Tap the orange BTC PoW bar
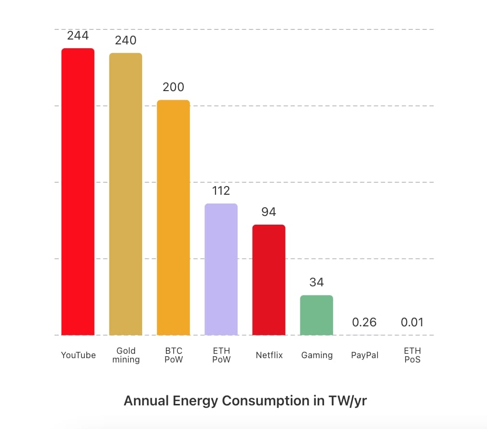(x=173, y=217)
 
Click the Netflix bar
(x=269, y=280)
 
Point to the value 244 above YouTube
(x=78, y=35)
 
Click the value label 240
(x=125, y=40)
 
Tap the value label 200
(x=173, y=87)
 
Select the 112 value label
(x=221, y=191)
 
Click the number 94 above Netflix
(x=269, y=212)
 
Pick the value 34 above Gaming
(x=316, y=282)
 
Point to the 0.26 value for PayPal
(x=364, y=322)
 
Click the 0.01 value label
(x=412, y=322)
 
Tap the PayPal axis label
(x=365, y=355)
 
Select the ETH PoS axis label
(x=412, y=355)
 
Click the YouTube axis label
(x=78, y=355)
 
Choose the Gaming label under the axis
(x=317, y=355)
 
